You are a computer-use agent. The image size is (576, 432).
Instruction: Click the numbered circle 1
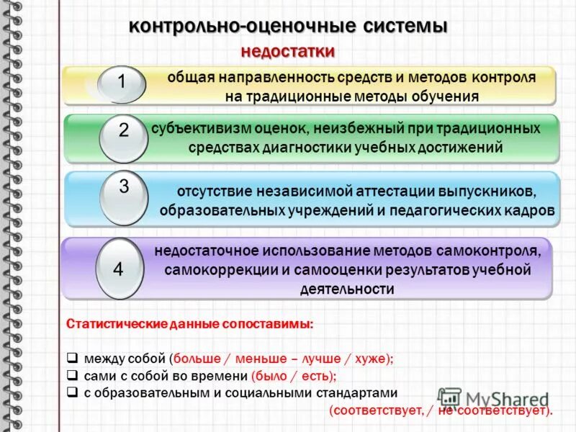122,83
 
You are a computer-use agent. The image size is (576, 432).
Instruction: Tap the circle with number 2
123,132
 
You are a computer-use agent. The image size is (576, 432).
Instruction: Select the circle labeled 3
123,189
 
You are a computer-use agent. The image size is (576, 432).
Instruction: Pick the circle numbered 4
119,270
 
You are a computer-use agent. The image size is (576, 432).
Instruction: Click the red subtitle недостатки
288,52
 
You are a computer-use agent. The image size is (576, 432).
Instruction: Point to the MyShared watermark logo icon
450,399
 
